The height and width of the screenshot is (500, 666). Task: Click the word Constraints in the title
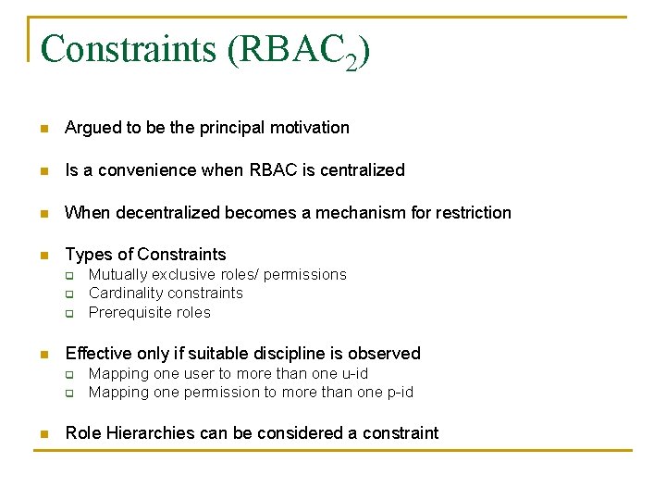tap(129, 49)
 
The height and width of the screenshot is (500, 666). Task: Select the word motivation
tap(310, 128)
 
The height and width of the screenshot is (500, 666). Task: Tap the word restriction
tap(470, 213)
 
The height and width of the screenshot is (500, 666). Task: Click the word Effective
tap(96, 354)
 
